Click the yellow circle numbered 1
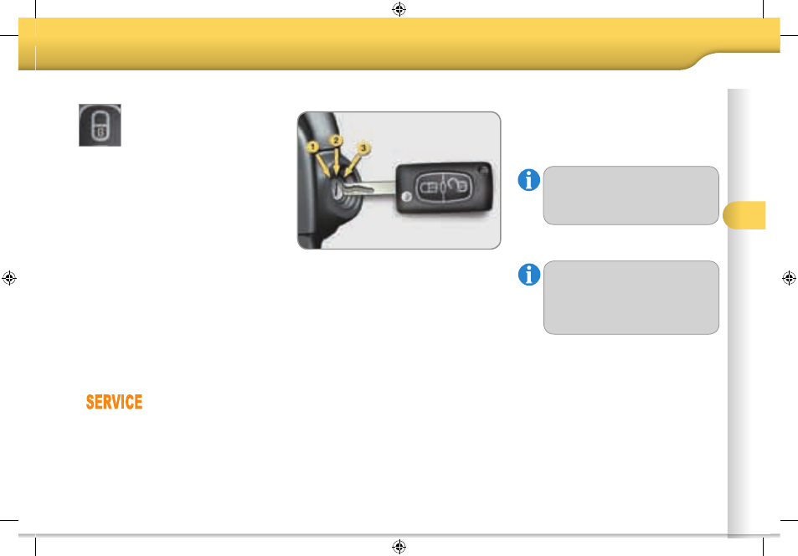click(x=312, y=147)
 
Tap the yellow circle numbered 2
click(x=336, y=141)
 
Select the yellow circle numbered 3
click(x=363, y=148)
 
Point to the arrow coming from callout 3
click(x=353, y=165)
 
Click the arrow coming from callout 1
click(x=322, y=166)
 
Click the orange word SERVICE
click(x=114, y=402)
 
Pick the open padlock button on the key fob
click(x=457, y=186)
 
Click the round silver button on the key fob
click(x=406, y=197)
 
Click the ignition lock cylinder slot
click(x=337, y=190)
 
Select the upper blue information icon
click(x=528, y=180)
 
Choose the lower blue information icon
click(x=529, y=275)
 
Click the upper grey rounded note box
click(x=631, y=195)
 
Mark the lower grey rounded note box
click(x=631, y=298)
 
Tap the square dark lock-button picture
click(x=100, y=126)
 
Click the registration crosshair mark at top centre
click(x=399, y=9)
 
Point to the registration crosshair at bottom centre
click(x=399, y=547)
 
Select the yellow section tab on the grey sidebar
click(x=744, y=215)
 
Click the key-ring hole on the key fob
click(x=483, y=170)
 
